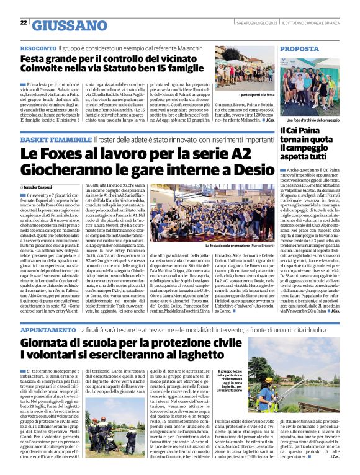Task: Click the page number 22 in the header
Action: (23, 22)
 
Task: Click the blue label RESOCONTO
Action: (38, 48)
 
